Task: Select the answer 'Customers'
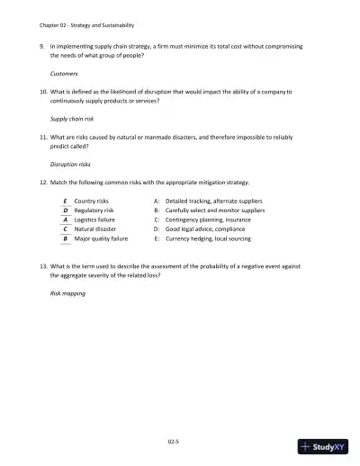tap(64, 73)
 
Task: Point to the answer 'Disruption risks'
tap(71, 165)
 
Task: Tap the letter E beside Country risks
tap(66, 202)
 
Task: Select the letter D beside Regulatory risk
tap(66, 211)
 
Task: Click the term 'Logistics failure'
tap(95, 220)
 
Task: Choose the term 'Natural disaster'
tap(95, 229)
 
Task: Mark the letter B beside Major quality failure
tap(66, 239)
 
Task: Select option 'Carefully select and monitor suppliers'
tap(215, 211)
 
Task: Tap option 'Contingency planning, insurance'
tap(207, 220)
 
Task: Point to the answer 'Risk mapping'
tap(67, 294)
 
